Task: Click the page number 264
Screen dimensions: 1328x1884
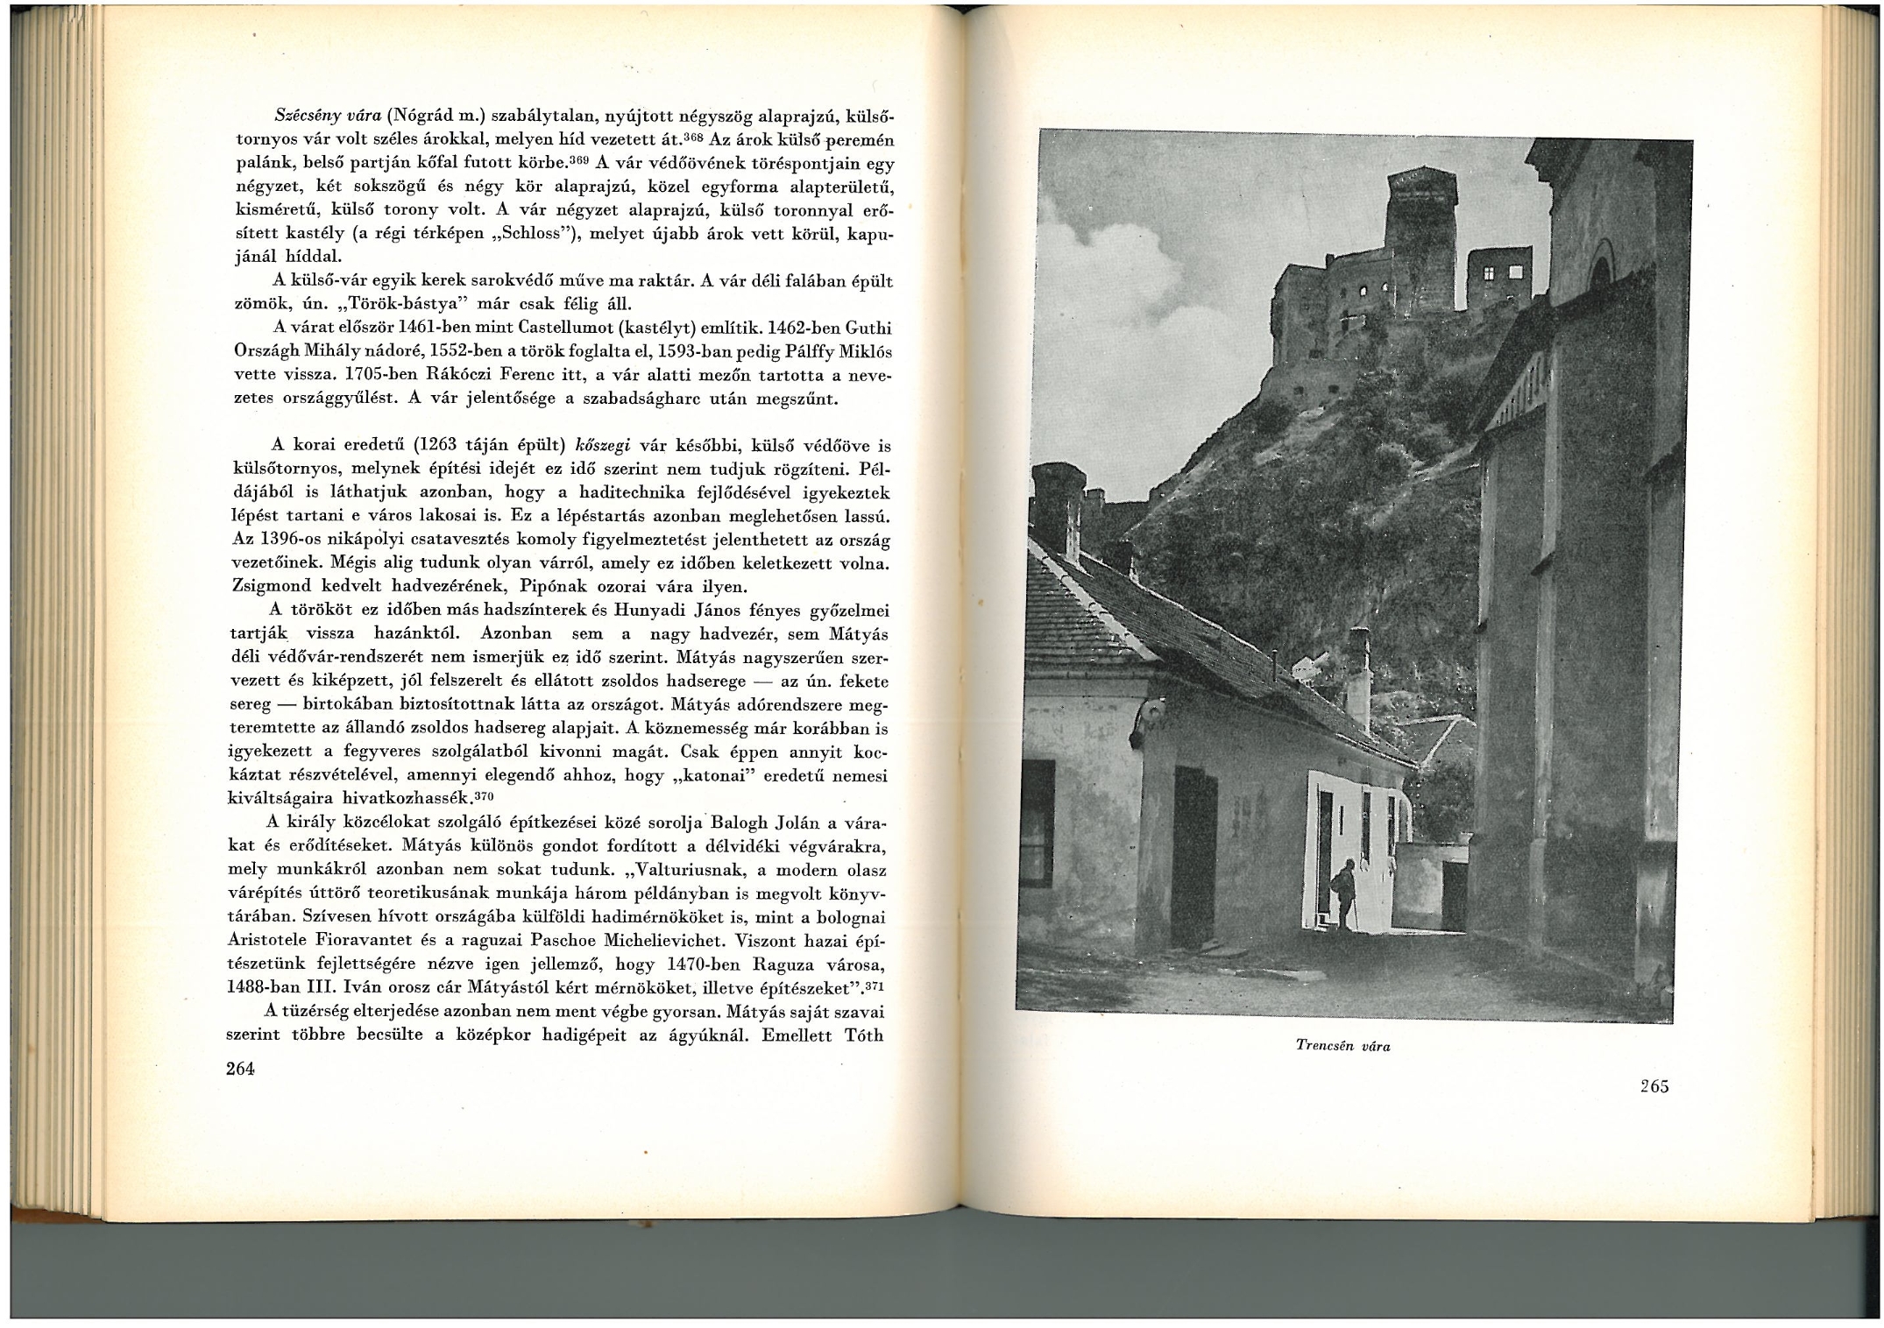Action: pyautogui.click(x=239, y=1069)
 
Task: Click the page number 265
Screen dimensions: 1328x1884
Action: pyautogui.click(x=1654, y=1086)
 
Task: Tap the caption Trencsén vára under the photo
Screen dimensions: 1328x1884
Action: pyautogui.click(x=1342, y=1046)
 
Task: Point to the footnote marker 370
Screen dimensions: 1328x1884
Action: pyautogui.click(x=485, y=795)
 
